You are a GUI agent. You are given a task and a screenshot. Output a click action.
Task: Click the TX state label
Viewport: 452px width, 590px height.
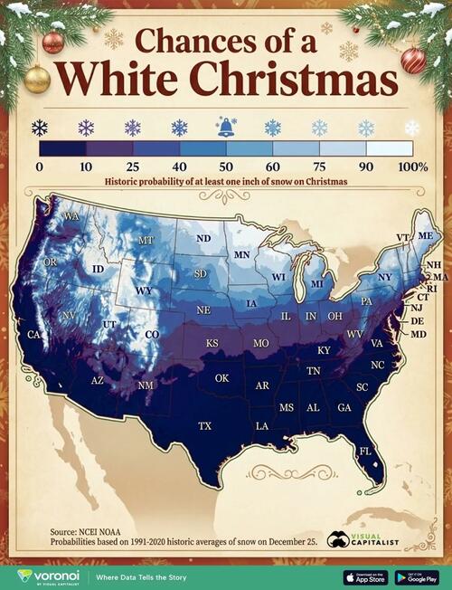point(205,425)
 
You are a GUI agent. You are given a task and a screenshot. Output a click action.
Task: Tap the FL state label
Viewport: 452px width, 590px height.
point(365,451)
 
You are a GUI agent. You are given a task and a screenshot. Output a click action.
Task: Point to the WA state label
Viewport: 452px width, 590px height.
point(71,217)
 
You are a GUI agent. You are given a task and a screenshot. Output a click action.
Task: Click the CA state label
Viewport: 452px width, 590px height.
point(34,335)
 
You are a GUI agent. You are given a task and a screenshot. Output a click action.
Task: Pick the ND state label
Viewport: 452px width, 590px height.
point(203,238)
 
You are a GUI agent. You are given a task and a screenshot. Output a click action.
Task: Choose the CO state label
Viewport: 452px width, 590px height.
point(152,334)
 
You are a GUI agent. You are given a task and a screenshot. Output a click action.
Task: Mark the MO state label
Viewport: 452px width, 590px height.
point(261,344)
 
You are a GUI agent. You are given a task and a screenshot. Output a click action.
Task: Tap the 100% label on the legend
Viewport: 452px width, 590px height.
point(412,167)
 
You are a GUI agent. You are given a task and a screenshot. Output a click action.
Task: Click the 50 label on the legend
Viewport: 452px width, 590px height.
point(226,167)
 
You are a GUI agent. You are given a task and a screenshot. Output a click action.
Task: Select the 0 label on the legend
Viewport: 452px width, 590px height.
point(40,167)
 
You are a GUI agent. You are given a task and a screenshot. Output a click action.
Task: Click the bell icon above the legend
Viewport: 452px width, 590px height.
point(226,128)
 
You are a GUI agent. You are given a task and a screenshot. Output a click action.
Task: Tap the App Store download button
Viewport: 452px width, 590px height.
point(365,576)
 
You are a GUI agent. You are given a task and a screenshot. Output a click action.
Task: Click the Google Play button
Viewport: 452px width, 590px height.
point(417,576)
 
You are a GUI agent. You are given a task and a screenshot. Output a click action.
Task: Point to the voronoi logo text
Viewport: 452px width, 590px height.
point(52,576)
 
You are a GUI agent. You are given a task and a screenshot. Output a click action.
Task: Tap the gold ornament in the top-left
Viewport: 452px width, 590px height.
point(37,79)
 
